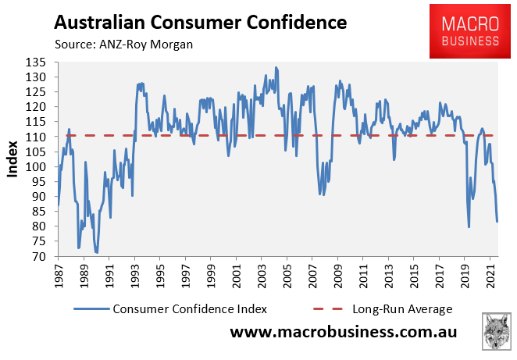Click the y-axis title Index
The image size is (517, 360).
pyautogui.click(x=13, y=159)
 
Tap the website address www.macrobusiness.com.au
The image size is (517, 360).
pyautogui.click(x=343, y=333)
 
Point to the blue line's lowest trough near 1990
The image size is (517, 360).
pyautogui.click(x=97, y=253)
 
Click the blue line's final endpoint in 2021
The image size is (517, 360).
pyautogui.click(x=497, y=221)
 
